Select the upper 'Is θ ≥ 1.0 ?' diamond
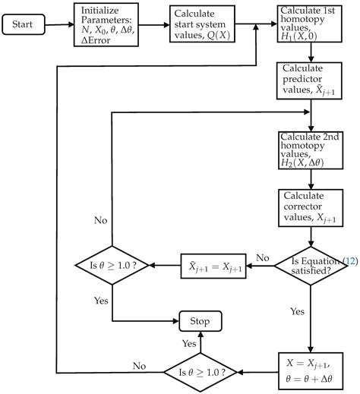[113, 266]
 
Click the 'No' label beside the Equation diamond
[264, 258]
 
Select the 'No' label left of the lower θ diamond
[139, 365]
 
